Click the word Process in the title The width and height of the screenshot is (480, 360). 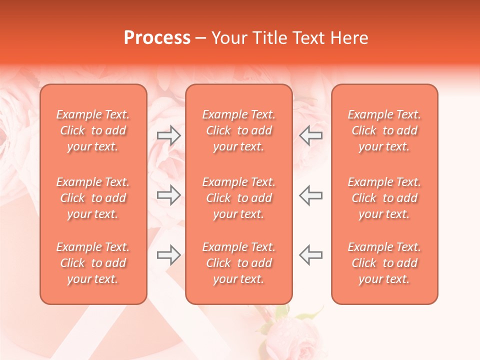157,38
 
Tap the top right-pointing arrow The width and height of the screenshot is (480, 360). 168,135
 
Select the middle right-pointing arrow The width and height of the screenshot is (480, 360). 168,195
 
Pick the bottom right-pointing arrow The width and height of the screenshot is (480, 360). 168,254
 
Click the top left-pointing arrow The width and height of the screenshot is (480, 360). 310,135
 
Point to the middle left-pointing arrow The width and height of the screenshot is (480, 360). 310,195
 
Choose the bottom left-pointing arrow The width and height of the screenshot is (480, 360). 310,254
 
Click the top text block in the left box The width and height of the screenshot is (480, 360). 93,130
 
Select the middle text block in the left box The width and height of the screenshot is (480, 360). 93,198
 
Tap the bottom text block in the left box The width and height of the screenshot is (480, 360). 93,263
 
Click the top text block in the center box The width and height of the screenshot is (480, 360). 238,130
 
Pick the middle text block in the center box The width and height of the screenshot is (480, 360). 238,198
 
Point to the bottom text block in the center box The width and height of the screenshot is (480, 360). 238,263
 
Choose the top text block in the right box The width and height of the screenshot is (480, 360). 384,130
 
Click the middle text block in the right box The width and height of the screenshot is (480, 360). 384,198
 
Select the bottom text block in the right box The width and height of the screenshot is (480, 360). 384,263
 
